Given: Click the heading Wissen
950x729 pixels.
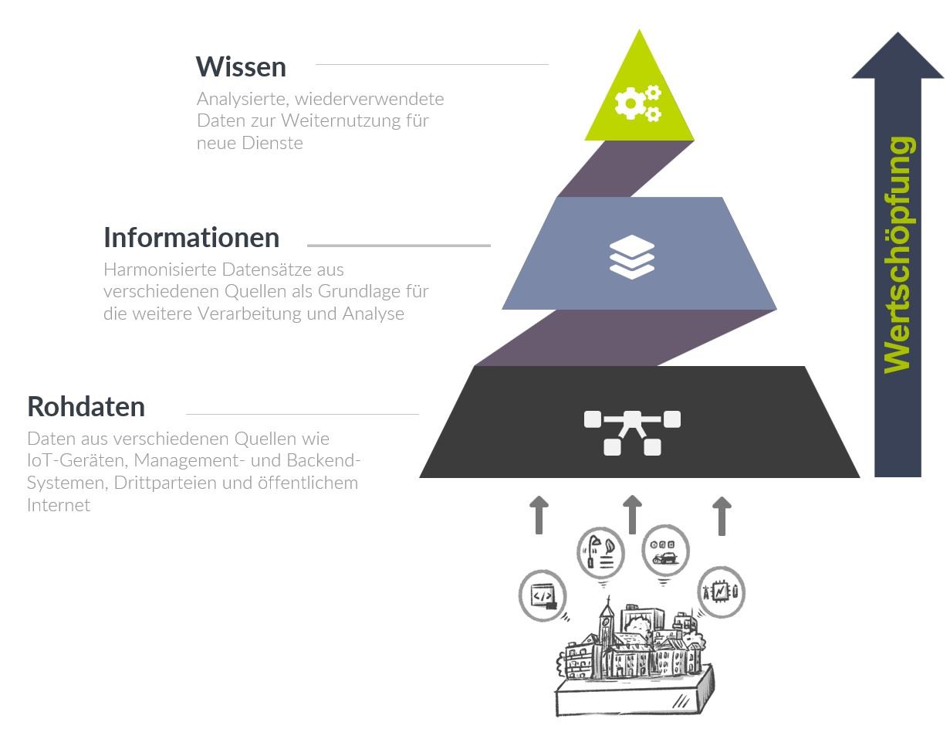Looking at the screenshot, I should pos(241,67).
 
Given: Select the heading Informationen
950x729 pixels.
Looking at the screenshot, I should pos(191,238).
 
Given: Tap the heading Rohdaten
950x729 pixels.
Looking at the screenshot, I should pos(86,406).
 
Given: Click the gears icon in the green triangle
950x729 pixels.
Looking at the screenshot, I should pos(638,103).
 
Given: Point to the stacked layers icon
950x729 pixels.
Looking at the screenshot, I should pos(632,256).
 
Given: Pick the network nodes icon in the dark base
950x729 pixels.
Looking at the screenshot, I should pos(632,432).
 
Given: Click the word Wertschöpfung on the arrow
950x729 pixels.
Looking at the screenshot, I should pos(898,255).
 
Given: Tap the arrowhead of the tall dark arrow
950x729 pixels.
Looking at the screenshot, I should pos(898,58).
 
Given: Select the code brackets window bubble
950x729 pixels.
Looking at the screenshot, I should pos(543,595).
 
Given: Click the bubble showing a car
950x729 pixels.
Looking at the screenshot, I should pos(665,550).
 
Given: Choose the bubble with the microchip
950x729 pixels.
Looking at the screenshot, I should pos(721,592).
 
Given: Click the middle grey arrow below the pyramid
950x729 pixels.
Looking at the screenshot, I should pos(632,514).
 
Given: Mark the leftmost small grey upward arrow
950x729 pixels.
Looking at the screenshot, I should pos(539,515).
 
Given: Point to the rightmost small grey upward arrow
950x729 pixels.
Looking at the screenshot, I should pos(722,516).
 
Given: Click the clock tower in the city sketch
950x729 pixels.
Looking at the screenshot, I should pos(607,626).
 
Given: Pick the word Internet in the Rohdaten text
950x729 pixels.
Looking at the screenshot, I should pos(59,505).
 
